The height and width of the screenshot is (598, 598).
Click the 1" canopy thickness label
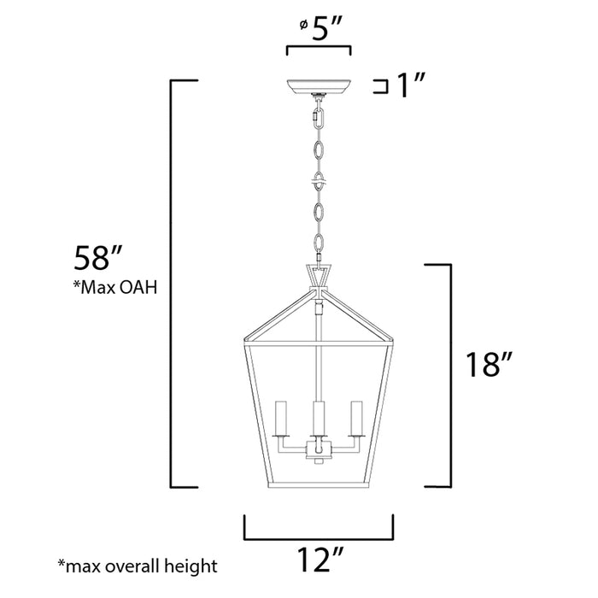(x=408, y=85)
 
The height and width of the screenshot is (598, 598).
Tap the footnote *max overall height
(x=137, y=566)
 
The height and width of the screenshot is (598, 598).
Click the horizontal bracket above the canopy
(x=319, y=50)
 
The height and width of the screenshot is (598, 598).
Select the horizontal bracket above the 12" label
(x=319, y=538)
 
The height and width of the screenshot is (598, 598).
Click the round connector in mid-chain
(x=319, y=183)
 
